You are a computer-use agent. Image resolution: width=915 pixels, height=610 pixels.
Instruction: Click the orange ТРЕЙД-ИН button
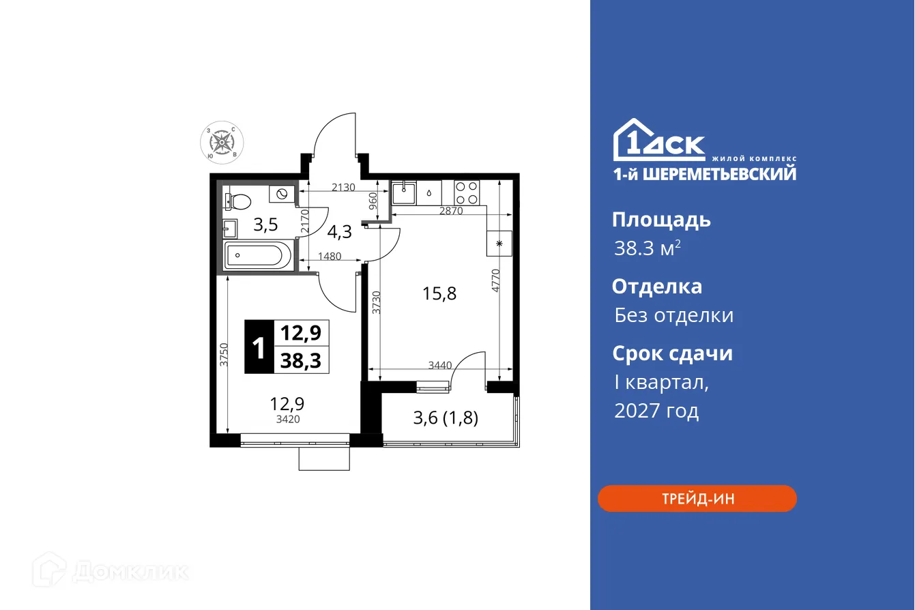tap(697, 499)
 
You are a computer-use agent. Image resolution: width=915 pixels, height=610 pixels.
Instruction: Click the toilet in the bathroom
tap(236, 201)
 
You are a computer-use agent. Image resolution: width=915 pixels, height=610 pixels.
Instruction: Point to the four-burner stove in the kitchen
tap(467, 188)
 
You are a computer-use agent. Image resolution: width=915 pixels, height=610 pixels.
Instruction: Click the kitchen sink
tap(404, 191)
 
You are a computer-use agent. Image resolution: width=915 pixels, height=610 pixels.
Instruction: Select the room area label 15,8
tap(439, 294)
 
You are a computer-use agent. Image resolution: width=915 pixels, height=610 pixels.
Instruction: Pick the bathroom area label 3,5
tap(265, 224)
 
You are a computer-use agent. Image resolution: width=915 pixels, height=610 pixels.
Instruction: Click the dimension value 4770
tap(496, 281)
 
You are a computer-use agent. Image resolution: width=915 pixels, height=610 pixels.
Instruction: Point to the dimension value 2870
tap(451, 212)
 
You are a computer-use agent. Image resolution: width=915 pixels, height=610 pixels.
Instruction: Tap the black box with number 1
tap(259, 347)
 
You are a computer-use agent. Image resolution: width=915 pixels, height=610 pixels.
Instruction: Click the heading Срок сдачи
tap(672, 353)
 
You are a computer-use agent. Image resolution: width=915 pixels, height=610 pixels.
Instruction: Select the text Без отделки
tap(673, 315)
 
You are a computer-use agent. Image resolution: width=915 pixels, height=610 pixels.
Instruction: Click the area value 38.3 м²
tap(647, 248)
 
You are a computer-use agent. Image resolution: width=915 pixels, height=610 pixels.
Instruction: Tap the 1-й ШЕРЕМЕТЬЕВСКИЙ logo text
tap(704, 174)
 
